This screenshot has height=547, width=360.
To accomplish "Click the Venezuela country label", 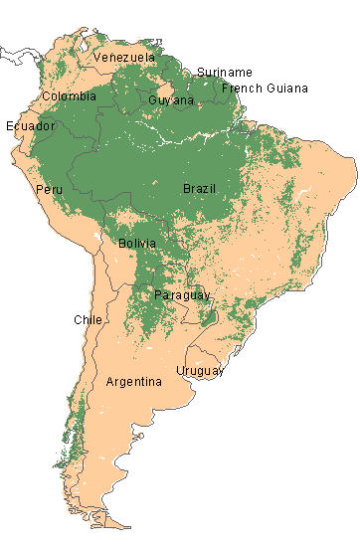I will pos(124,58).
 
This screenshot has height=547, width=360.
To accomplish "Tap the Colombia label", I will pos(69,96).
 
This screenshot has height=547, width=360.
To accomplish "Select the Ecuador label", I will pos(30,126).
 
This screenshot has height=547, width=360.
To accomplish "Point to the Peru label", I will pos(49,189).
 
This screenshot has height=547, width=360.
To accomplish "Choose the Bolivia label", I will pos(136,244).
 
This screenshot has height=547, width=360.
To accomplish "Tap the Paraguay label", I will pos(182,295).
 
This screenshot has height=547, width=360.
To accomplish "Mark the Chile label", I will pos(88,319).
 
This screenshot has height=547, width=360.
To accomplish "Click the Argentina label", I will pos(133,382).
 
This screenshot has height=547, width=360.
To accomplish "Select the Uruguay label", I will pos(200,371).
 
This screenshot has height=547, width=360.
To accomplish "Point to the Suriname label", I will pos(225,73).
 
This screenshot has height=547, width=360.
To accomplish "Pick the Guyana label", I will pos(171,100).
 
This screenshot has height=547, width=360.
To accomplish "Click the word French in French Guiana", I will pos(242,89).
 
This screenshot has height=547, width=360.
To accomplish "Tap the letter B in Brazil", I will pos(186,189).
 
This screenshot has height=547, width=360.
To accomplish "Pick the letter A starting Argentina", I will pos(109,382).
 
